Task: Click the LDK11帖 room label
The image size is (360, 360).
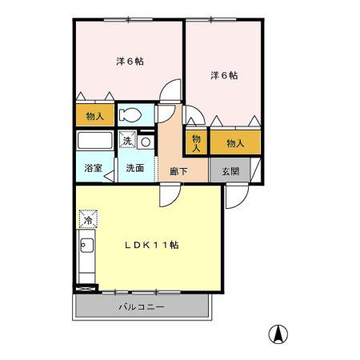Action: (x=150, y=245)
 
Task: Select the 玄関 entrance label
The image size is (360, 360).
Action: (x=230, y=169)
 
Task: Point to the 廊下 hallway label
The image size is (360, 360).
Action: (x=178, y=169)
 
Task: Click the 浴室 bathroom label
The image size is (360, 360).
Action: (x=94, y=169)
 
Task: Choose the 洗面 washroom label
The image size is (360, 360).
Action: (x=134, y=169)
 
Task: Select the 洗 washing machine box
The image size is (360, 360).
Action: (x=127, y=142)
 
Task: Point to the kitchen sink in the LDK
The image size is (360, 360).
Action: (x=86, y=246)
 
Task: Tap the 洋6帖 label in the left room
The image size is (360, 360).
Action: (x=128, y=61)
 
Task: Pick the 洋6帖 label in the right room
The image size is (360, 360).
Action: (x=224, y=76)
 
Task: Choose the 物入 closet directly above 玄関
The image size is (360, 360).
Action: (x=235, y=142)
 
